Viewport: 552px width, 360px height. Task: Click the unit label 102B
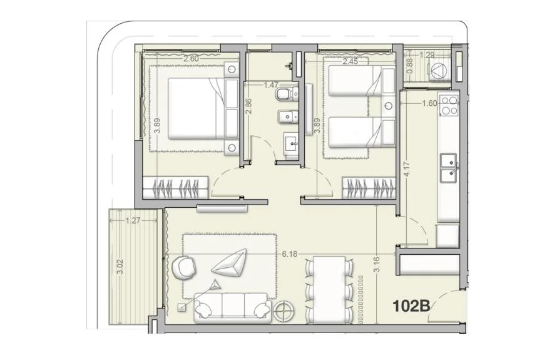point(411,306)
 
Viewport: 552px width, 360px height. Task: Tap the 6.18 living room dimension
point(289,254)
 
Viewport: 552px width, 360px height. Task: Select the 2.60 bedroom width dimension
point(191,59)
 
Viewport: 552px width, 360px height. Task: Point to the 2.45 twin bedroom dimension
point(350,61)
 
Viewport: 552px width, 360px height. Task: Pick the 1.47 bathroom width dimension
point(271,85)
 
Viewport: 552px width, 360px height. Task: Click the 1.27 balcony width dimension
point(133,221)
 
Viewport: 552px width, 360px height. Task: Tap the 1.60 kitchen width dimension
point(429,103)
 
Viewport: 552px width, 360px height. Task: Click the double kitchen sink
point(449,168)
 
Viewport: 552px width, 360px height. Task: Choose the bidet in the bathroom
point(287,116)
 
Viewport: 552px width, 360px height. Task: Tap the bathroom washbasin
point(291,143)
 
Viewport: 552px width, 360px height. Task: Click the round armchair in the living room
point(184,267)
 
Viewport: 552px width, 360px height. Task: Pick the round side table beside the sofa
point(284,311)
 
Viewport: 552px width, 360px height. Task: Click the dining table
point(329,289)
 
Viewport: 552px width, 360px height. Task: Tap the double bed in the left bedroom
point(197,108)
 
